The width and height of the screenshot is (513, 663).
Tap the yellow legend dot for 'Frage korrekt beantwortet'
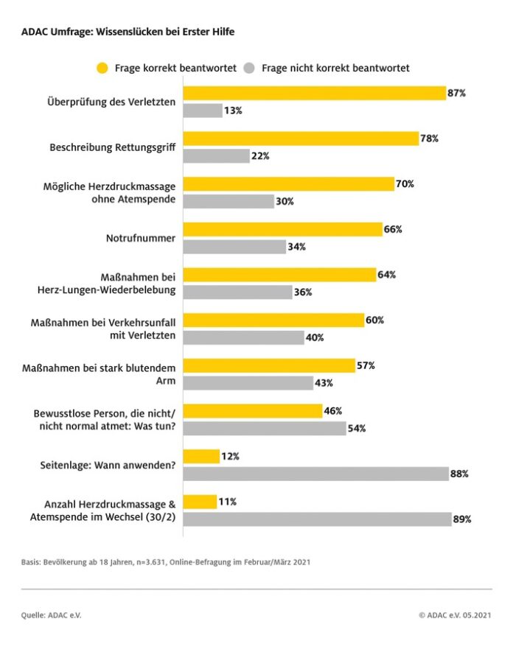(102, 69)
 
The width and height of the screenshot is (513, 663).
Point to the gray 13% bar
(203, 110)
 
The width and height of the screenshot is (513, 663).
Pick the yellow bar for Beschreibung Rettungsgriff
(301, 138)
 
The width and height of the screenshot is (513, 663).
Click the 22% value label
(260, 156)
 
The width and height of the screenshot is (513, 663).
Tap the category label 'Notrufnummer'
(142, 238)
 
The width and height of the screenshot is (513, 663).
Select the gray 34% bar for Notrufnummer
(234, 247)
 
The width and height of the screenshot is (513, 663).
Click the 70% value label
(405, 184)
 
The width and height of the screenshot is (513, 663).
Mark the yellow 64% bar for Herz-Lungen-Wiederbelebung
(279, 275)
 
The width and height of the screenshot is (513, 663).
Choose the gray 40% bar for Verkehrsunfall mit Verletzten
(243, 337)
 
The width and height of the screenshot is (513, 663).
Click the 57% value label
(366, 365)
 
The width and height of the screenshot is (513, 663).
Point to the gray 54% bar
(265, 428)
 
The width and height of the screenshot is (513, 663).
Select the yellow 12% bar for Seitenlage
(201, 457)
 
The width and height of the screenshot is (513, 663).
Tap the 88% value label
(459, 474)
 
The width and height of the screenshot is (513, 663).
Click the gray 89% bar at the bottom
(318, 519)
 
